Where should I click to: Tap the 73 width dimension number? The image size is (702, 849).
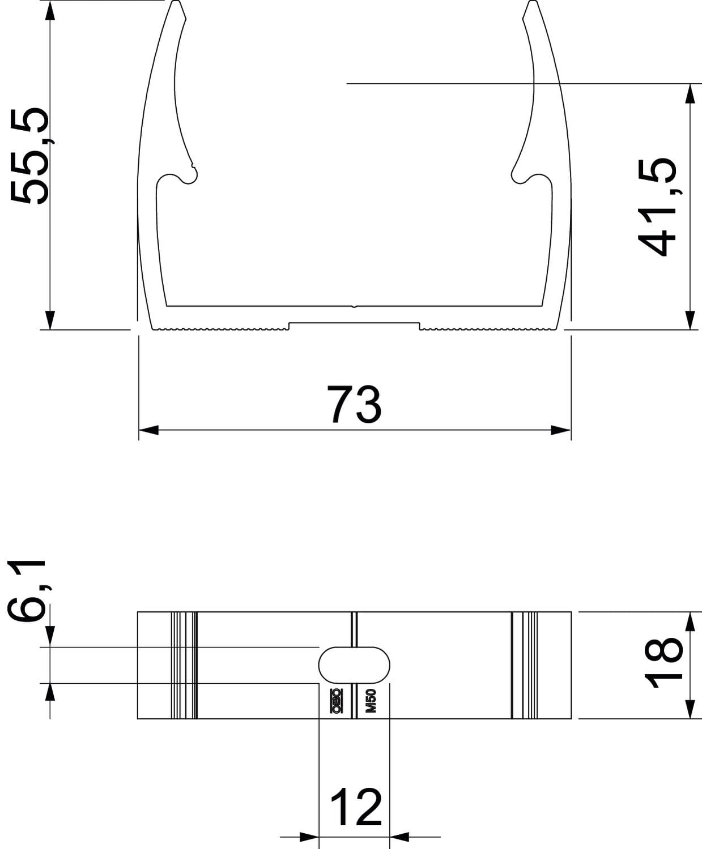(x=354, y=404)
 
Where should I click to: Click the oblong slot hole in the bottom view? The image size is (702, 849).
(x=354, y=665)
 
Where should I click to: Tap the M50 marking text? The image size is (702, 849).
(x=371, y=701)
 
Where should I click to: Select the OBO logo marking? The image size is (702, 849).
(x=336, y=701)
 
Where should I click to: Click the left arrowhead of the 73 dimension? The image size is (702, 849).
(x=148, y=430)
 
